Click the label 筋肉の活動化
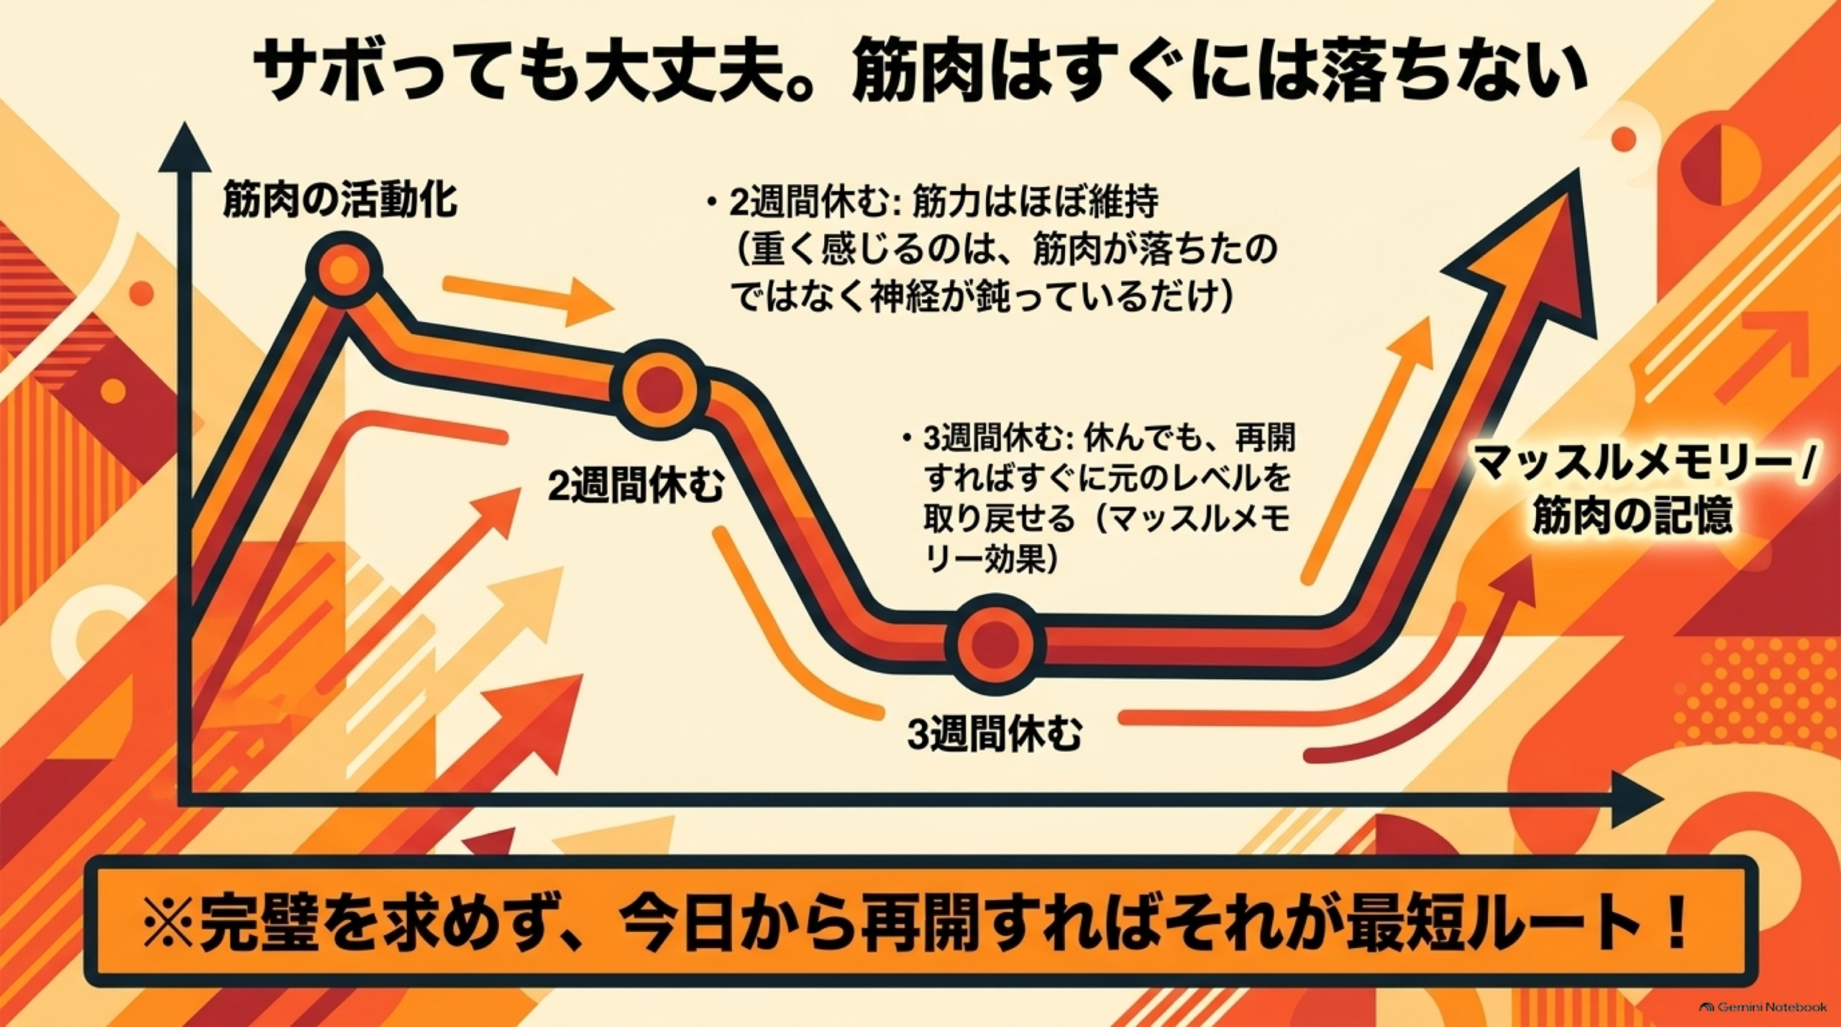[x=340, y=199]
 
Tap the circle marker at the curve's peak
[x=344, y=270]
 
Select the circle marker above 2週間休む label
[x=659, y=389]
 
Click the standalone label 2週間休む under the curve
[x=636, y=487]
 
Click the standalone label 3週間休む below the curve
[x=995, y=734]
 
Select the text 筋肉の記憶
[x=1632, y=516]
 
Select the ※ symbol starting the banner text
[x=167, y=926]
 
